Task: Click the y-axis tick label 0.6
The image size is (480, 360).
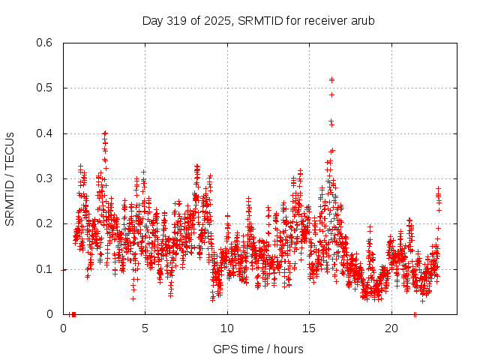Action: (x=46, y=43)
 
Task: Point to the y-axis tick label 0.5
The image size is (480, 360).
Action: (x=46, y=88)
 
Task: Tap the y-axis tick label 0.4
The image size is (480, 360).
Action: (x=46, y=133)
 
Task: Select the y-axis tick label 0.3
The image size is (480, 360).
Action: (x=46, y=178)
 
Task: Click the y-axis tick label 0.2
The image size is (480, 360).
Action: (x=46, y=223)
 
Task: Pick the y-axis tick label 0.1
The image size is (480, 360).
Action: (x=46, y=268)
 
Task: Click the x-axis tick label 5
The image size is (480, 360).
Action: (x=145, y=328)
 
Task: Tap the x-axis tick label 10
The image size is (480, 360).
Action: (x=227, y=328)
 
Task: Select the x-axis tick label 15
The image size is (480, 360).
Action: (x=309, y=328)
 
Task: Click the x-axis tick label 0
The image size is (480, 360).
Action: (x=63, y=328)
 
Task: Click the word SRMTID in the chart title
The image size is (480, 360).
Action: (x=259, y=20)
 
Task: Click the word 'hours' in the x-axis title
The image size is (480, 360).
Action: (x=289, y=349)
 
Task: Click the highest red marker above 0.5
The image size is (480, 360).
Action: (x=331, y=78)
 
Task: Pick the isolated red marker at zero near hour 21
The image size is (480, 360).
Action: (x=415, y=314)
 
